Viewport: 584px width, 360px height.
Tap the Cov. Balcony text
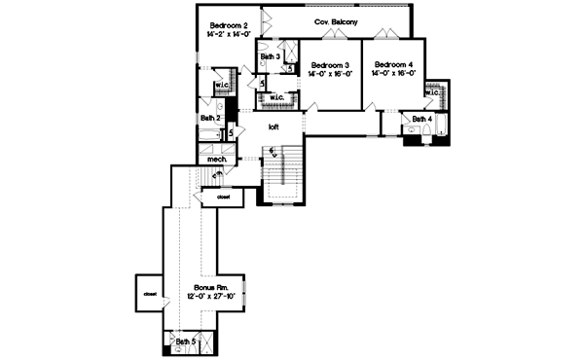click(x=335, y=20)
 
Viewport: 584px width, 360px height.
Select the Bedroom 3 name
click(x=331, y=64)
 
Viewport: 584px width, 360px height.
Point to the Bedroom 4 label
click(x=392, y=64)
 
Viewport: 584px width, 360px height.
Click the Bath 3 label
click(x=272, y=57)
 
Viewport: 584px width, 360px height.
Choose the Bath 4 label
click(x=421, y=119)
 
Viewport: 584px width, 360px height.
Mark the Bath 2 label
click(x=211, y=119)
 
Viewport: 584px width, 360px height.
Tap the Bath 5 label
click(x=186, y=342)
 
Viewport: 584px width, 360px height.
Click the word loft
click(x=274, y=126)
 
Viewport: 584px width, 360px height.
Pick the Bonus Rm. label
click(x=210, y=290)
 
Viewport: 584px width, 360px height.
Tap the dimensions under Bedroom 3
click(x=331, y=74)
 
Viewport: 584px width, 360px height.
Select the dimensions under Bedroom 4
click(x=392, y=74)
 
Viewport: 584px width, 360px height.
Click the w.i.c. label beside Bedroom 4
click(x=432, y=92)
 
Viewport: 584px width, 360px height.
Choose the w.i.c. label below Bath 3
click(x=275, y=97)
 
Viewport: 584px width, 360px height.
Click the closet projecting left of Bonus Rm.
click(x=150, y=292)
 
